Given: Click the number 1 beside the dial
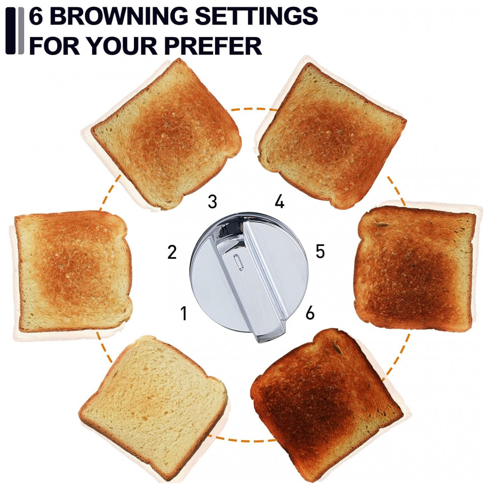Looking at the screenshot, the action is click(x=184, y=313).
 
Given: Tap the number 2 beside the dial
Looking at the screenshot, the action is click(x=172, y=252).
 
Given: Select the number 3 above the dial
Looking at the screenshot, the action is click(x=212, y=201).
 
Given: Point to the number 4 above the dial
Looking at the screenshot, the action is click(x=280, y=201).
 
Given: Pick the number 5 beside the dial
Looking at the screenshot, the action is click(x=320, y=251).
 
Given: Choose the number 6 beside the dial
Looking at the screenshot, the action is click(x=310, y=312).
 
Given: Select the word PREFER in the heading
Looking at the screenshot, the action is click(x=213, y=45).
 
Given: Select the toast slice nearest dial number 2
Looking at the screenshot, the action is click(x=73, y=271).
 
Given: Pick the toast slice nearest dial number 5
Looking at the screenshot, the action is click(x=415, y=267).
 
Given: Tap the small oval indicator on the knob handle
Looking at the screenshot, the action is click(x=238, y=261).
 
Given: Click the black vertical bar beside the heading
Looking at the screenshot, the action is click(x=10, y=30).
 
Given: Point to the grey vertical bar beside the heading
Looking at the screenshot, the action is click(x=21, y=30).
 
